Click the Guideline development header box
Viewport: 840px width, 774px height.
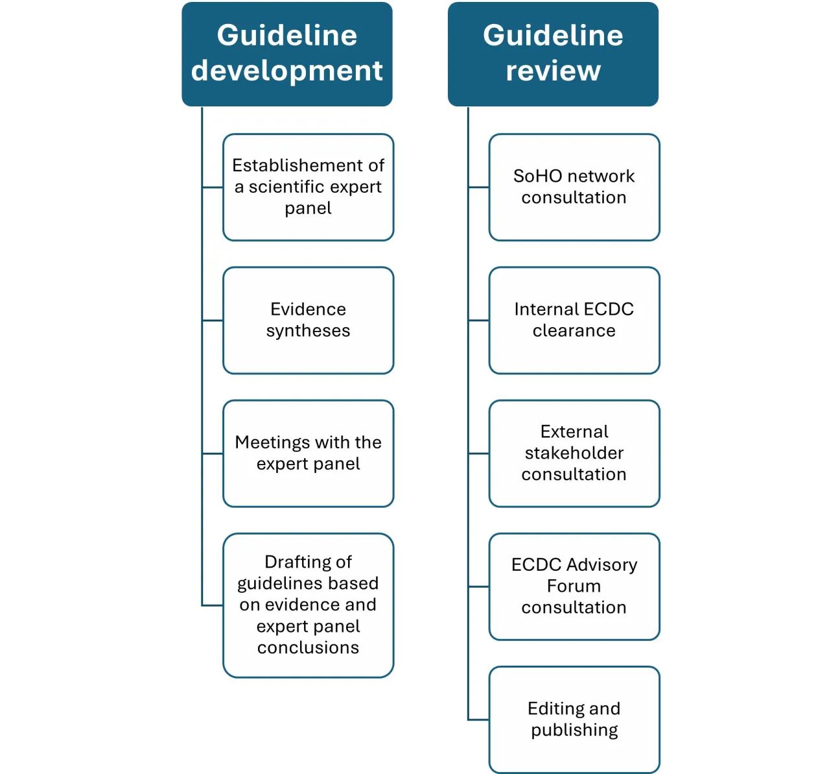[x=286, y=54]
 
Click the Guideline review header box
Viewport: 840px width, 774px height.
[x=553, y=54]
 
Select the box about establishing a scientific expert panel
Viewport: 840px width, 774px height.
[x=308, y=187]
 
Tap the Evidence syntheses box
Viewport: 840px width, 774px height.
[x=308, y=320]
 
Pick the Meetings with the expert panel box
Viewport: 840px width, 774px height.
[x=308, y=453]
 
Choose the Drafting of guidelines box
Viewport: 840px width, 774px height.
[x=308, y=605]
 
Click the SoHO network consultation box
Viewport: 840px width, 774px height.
[x=574, y=187]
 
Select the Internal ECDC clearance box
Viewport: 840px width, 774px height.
[x=574, y=320]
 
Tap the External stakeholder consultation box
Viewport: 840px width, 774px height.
[x=574, y=453]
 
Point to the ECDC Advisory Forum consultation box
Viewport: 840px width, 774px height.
[x=574, y=586]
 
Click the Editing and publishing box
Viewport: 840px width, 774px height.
[x=574, y=719]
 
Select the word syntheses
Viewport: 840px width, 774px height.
[x=308, y=331]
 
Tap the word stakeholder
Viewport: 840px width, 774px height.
[x=574, y=453]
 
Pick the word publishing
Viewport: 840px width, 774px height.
[x=574, y=730]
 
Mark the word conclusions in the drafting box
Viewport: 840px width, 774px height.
[x=308, y=647]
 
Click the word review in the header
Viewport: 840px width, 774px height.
[x=553, y=71]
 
